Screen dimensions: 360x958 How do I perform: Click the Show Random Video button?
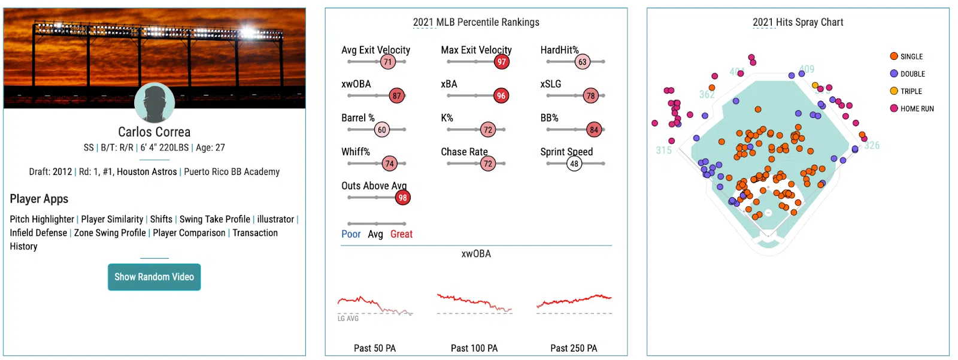[154, 277]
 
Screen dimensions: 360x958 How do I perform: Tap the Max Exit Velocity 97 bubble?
[502, 62]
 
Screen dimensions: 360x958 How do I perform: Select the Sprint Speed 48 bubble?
[574, 164]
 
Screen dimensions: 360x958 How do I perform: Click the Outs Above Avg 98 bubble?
[402, 198]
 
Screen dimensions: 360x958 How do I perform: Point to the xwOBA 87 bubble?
[396, 96]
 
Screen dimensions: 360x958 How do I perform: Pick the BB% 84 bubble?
[593, 130]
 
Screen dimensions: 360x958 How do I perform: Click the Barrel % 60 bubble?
[382, 130]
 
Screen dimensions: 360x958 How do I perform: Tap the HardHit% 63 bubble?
[582, 62]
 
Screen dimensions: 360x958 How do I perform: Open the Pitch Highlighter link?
[42, 219]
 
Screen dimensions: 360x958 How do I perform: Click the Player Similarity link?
[112, 219]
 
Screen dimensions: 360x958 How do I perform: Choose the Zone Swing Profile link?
[110, 233]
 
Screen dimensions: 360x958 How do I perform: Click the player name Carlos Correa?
[154, 132]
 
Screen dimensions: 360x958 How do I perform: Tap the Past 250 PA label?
[574, 348]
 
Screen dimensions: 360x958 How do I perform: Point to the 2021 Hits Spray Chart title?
[798, 22]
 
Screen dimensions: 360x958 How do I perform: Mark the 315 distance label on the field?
[663, 150]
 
